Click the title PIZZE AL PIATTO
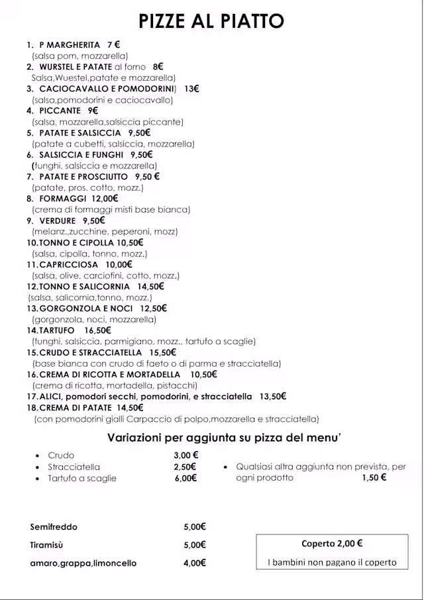point(211,21)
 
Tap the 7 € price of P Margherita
point(114,45)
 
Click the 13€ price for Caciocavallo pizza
point(191,89)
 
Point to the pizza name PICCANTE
point(60,111)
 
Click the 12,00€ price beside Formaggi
point(105,198)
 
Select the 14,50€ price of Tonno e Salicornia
point(150,286)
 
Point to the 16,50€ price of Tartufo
point(98,330)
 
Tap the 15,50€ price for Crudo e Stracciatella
point(163,352)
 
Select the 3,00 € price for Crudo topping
point(186,455)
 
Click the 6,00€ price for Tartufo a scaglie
point(186,478)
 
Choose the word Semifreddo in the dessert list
point(54,527)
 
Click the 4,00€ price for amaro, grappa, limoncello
point(195,563)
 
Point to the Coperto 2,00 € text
point(332,544)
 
